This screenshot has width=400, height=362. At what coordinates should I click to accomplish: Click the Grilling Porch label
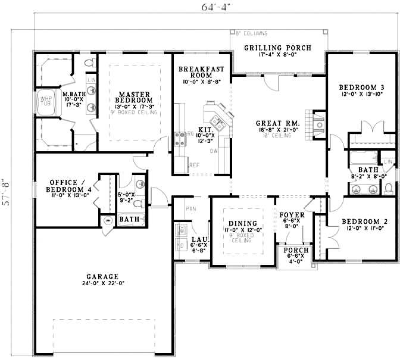point(278,48)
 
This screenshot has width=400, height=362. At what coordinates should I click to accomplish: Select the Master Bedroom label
point(135,98)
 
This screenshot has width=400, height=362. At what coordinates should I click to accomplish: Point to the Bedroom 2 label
point(364,222)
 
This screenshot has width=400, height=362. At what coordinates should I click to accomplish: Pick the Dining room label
point(241,224)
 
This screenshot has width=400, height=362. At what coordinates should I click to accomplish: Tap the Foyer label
point(292,215)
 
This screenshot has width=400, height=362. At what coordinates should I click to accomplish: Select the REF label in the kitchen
point(194,165)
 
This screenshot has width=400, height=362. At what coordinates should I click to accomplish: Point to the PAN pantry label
point(191,209)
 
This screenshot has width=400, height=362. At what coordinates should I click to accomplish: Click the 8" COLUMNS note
point(251,33)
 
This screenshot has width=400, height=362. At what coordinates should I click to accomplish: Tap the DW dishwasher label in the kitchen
point(212,151)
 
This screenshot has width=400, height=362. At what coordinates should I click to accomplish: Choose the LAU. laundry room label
point(199,239)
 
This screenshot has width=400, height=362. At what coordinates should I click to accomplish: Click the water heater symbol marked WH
point(108,220)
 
